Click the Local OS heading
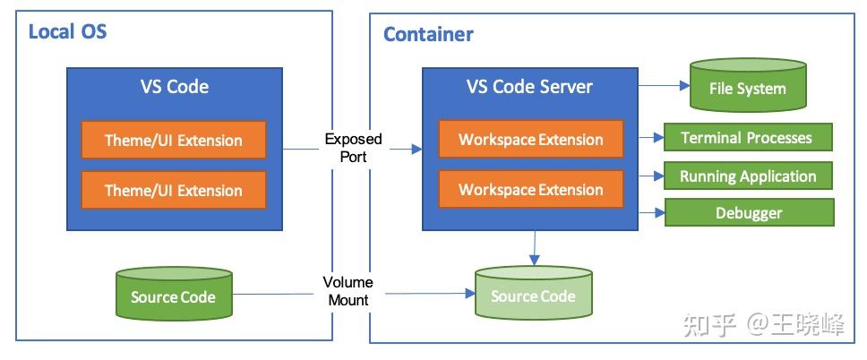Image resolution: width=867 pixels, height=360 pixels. click(x=68, y=32)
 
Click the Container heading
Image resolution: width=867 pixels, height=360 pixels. click(x=428, y=35)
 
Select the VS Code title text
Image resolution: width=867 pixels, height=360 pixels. click(x=174, y=87)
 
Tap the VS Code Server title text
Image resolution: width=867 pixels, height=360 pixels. click(x=529, y=87)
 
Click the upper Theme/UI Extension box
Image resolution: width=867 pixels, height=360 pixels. click(x=174, y=140)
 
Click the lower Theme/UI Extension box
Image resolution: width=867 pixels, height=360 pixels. click(x=174, y=190)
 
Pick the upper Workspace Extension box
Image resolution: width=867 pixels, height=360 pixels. click(x=530, y=140)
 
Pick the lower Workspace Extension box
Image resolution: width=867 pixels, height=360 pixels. click(x=530, y=190)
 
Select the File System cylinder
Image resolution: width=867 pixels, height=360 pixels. click(x=747, y=89)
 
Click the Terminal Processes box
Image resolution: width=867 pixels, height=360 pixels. click(x=747, y=138)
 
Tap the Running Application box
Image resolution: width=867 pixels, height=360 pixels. click(x=748, y=176)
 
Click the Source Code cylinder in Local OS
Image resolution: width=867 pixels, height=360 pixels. click(x=174, y=296)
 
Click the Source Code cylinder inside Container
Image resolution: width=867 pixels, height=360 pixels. click(x=533, y=296)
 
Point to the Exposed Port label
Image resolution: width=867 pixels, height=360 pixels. click(x=353, y=148)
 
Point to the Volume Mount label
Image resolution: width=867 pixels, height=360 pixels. click(x=348, y=291)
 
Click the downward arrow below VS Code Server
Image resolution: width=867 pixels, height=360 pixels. click(x=534, y=248)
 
